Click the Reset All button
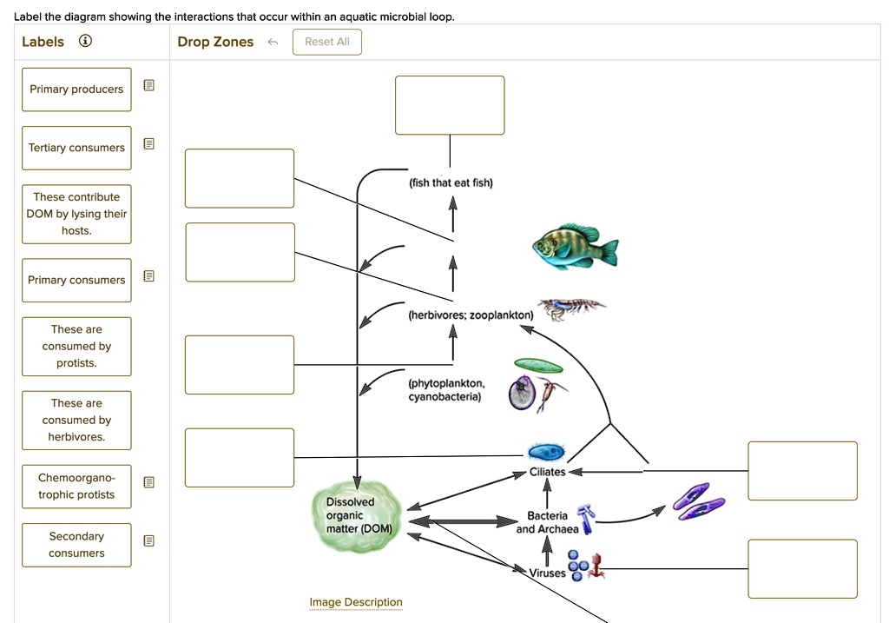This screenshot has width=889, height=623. coord(327,42)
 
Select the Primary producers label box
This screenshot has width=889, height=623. coord(76,89)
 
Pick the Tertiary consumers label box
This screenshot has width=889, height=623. coord(76,148)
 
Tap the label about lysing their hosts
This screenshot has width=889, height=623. coord(76,214)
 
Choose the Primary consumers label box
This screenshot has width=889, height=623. coord(76,280)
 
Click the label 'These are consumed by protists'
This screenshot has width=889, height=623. coord(76,346)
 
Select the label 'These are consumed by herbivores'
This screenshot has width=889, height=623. coord(76,420)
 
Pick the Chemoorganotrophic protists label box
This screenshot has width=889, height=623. coord(76,486)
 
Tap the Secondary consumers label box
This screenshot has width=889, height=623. coord(76,545)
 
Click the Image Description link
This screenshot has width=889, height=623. coord(356,602)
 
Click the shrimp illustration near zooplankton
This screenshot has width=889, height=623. coord(570,306)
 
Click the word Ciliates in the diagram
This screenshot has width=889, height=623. coord(547,472)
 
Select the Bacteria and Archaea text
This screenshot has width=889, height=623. coord(547,522)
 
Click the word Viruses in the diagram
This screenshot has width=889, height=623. coord(548,573)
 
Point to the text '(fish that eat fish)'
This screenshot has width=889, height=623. coord(451,182)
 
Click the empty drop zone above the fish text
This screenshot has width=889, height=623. coord(450,105)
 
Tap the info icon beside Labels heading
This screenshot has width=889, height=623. coord(85,42)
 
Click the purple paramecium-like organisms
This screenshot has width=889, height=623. coord(698,502)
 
